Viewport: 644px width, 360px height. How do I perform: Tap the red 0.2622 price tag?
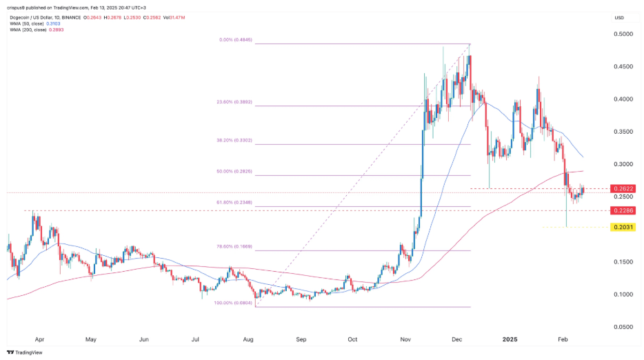[x=621, y=188]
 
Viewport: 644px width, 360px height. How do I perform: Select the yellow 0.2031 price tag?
[x=621, y=227]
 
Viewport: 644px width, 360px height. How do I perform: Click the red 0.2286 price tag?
[x=621, y=210]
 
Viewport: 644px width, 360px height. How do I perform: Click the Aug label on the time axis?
[x=248, y=339]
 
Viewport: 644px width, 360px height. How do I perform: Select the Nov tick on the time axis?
[x=405, y=339]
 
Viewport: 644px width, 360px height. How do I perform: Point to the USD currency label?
[x=620, y=18]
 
